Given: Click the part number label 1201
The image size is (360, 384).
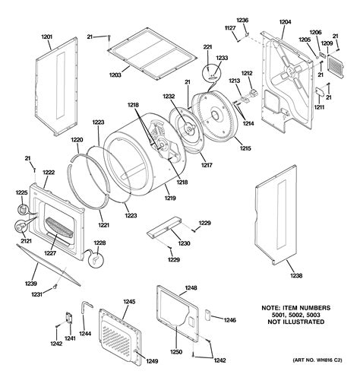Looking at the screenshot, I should coord(46,37).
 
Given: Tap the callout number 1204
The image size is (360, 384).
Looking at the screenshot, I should coord(286,23).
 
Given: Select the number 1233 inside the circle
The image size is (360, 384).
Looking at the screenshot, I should coord(222,58).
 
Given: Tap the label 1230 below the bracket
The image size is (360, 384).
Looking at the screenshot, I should coord(184,243).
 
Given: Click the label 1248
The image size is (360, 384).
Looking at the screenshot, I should coord(191,288).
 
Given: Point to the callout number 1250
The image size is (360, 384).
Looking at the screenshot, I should coord(175,352).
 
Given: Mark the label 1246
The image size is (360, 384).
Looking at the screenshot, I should coord(229,321).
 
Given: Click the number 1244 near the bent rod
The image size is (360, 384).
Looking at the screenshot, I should coord(85,332).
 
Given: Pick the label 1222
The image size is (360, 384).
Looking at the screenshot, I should coord(48,173).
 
